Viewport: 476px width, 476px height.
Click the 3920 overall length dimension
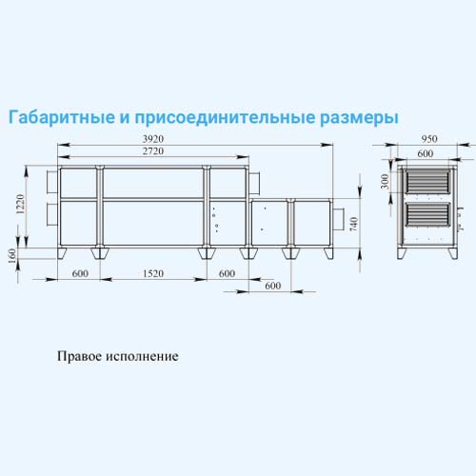click(153, 139)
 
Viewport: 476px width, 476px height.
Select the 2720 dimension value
click(153, 151)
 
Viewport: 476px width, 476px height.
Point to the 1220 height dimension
click(20, 204)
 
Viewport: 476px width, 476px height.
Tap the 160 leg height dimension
click(11, 256)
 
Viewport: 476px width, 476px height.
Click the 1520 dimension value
click(153, 273)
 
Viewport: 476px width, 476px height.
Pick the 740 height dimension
click(353, 224)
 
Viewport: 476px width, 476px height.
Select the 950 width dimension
click(429, 139)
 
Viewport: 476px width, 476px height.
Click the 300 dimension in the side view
click(385, 181)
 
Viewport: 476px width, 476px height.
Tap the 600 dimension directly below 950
click(426, 153)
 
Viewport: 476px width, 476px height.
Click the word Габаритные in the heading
click(62, 117)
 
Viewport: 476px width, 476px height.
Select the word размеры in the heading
click(359, 118)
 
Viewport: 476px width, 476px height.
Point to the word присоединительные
click(225, 118)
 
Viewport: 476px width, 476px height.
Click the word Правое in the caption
click(79, 356)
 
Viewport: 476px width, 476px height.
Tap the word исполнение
click(142, 356)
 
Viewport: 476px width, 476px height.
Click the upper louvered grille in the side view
click(428, 181)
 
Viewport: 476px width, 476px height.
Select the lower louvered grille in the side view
click(428, 214)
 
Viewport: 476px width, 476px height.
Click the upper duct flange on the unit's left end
click(52, 182)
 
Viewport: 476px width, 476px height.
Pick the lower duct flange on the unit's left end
click(52, 214)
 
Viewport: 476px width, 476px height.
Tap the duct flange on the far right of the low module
click(338, 219)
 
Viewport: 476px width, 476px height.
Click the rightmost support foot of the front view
click(328, 253)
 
